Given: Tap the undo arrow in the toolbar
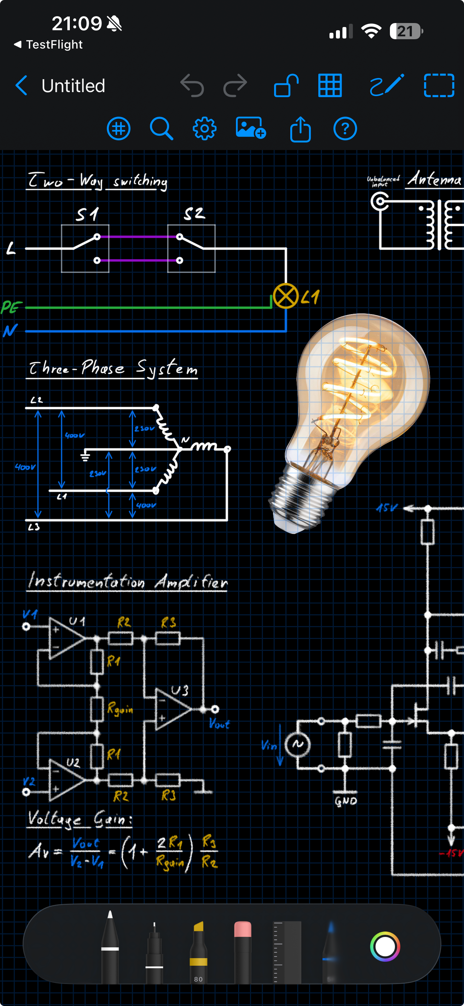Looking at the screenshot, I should (192, 86).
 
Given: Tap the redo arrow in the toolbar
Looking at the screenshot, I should (235, 86).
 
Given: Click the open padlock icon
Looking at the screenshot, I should (286, 86).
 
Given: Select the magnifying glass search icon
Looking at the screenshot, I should (161, 128).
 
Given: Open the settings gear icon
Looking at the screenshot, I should (204, 128).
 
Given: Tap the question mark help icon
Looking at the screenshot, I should (345, 128).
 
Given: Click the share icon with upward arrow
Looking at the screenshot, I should (300, 129).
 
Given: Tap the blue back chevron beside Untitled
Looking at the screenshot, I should (22, 86).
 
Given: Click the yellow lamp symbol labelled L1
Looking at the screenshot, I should (286, 296).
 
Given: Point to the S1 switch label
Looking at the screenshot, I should (87, 214).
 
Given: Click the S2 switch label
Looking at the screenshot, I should (194, 213).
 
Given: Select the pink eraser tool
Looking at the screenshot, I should (242, 949).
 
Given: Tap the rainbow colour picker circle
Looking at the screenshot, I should (385, 947).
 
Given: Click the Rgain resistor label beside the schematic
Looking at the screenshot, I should (120, 708).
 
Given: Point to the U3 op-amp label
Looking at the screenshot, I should (179, 690).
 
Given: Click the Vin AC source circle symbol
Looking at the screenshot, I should (297, 744).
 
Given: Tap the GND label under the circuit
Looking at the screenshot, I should (346, 801).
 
